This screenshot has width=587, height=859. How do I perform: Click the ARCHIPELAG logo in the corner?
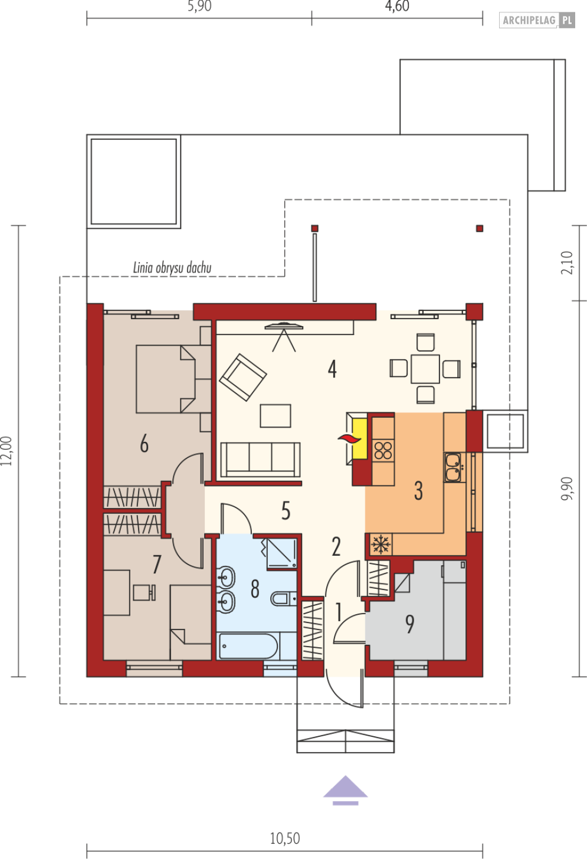(537, 20)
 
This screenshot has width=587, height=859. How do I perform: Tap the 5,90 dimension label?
(199, 6)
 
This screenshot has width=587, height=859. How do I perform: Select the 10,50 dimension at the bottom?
(285, 838)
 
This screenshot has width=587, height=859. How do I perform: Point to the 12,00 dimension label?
(6, 451)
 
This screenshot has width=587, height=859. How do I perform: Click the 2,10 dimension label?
(567, 263)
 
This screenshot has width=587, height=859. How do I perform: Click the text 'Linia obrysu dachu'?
(172, 268)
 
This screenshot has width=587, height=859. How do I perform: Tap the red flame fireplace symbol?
(349, 439)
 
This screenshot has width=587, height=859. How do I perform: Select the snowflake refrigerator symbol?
(381, 544)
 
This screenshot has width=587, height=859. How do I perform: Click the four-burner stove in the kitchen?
(383, 451)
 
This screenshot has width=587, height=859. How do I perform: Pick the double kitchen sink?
(453, 467)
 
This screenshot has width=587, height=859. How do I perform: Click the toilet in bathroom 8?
(284, 598)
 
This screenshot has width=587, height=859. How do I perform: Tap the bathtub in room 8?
(248, 646)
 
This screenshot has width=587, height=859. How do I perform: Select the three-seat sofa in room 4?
(260, 460)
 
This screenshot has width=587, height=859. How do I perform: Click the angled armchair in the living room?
(242, 378)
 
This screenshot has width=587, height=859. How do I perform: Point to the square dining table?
(425, 369)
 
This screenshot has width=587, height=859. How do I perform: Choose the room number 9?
(410, 624)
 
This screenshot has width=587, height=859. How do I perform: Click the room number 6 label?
(144, 444)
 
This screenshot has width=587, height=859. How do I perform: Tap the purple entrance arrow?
(346, 791)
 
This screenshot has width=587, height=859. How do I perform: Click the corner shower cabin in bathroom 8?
(281, 553)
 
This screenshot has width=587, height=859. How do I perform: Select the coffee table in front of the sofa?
(276, 416)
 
